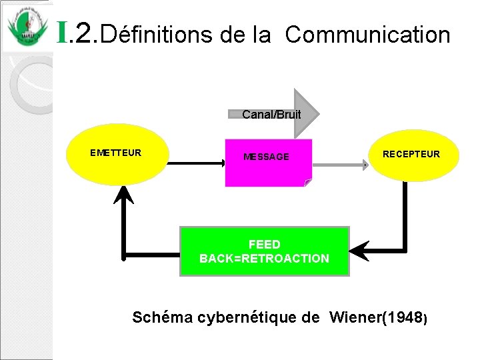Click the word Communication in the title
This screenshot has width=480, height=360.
tap(367, 34)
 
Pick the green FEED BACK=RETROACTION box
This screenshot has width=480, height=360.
tap(265, 251)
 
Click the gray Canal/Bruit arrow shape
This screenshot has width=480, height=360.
tap(280, 114)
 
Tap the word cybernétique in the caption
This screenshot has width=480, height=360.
tap(259, 317)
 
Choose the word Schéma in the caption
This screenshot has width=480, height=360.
tap(162, 317)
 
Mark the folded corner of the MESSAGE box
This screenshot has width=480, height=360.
tap(307, 182)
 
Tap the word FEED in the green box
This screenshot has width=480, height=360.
tap(264, 245)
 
